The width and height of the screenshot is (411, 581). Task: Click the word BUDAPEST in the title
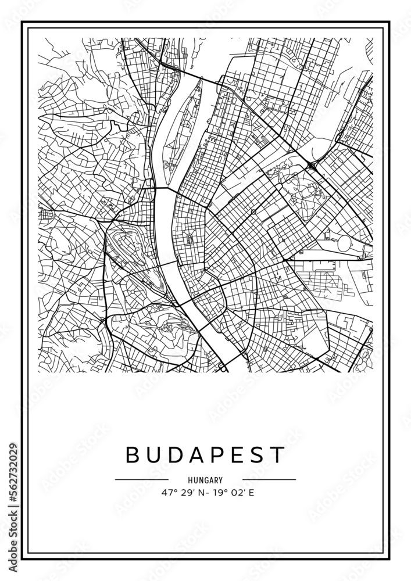pyautogui.click(x=205, y=455)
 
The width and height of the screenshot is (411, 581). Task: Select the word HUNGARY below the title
pyautogui.click(x=205, y=480)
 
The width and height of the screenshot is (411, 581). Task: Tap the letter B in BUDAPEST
pyautogui.click(x=133, y=455)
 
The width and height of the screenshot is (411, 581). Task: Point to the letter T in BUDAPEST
pyautogui.click(x=278, y=455)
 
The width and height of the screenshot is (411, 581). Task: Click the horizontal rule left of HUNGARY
pyautogui.click(x=142, y=480)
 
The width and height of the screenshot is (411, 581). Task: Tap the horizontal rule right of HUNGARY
pyautogui.click(x=269, y=480)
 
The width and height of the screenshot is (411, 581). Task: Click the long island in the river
pyautogui.click(x=181, y=125)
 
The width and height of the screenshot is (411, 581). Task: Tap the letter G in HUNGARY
pyautogui.click(x=206, y=480)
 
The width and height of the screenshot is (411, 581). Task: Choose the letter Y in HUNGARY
pyautogui.click(x=221, y=480)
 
